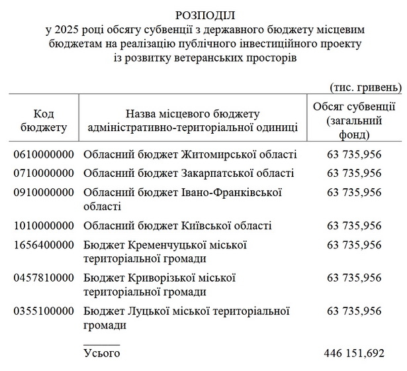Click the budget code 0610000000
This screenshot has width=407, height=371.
point(44,155)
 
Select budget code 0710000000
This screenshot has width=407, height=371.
point(44,174)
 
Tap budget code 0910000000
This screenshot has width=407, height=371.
point(44,192)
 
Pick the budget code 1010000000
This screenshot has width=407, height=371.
point(44,226)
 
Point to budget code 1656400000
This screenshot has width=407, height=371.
point(44,244)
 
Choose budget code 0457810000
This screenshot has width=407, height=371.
point(44,278)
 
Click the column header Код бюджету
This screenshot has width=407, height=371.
point(44,121)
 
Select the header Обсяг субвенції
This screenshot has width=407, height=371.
point(354,109)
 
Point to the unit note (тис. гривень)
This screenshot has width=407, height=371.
point(365,87)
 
